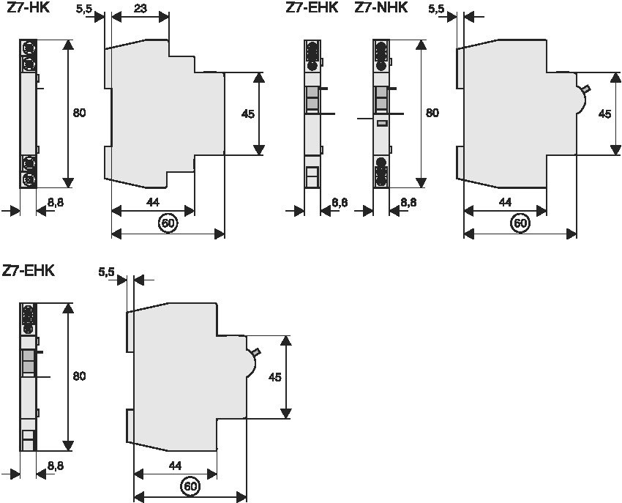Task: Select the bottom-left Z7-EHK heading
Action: (x=29, y=271)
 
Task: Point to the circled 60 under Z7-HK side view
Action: (x=168, y=223)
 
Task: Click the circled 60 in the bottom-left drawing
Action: (x=190, y=486)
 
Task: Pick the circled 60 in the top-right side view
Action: (x=520, y=223)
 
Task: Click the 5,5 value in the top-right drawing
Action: (x=436, y=8)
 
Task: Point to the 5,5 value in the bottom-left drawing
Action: (x=107, y=272)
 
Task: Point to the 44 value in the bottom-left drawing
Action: (x=175, y=465)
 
